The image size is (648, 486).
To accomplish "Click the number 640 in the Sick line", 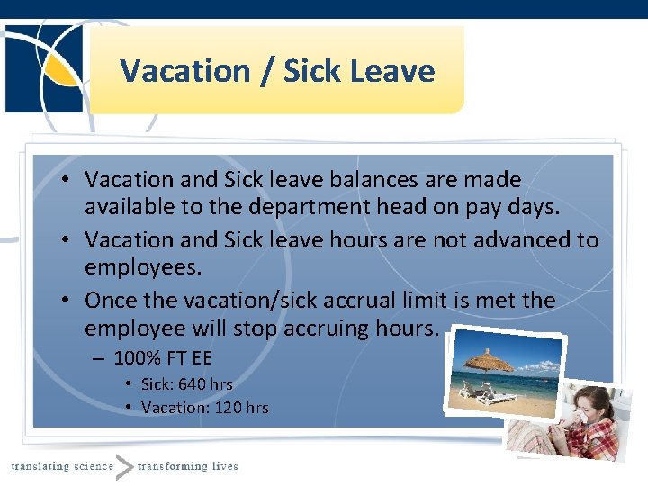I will coord(193,384).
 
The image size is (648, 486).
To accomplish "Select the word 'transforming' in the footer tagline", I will coord(172,465).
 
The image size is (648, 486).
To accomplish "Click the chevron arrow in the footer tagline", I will coord(124,466).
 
